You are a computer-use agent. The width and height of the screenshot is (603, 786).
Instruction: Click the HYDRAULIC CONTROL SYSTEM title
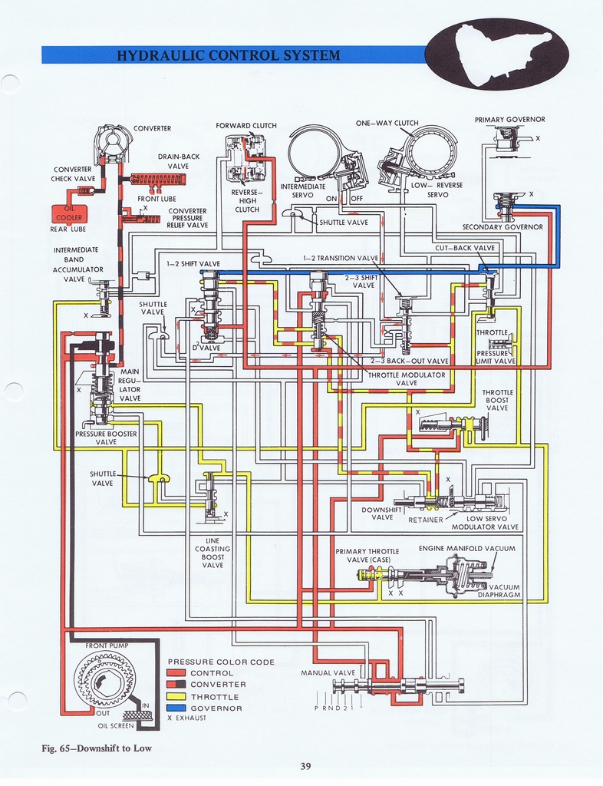[x=227, y=55]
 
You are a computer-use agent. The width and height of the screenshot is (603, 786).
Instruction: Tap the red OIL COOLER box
[x=68, y=213]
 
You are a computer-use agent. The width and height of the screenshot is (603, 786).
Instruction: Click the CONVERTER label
[x=152, y=128]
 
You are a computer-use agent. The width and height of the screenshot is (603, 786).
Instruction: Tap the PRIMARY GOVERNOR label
[x=509, y=120]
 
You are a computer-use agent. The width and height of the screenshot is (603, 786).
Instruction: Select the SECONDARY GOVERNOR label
[x=502, y=226]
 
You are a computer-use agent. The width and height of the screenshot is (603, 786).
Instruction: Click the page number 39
[x=306, y=765]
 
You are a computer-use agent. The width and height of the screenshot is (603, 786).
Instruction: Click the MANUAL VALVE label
[x=328, y=672]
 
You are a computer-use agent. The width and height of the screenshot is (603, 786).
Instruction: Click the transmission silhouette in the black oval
[x=499, y=54]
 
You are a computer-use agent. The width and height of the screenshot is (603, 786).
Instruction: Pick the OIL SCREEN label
[x=116, y=725]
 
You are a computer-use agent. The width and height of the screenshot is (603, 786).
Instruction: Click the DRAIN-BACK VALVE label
[x=178, y=161]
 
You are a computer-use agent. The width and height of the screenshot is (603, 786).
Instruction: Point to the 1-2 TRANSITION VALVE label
[x=341, y=258]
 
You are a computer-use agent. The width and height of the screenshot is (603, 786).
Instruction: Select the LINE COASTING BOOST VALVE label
[x=213, y=553]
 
